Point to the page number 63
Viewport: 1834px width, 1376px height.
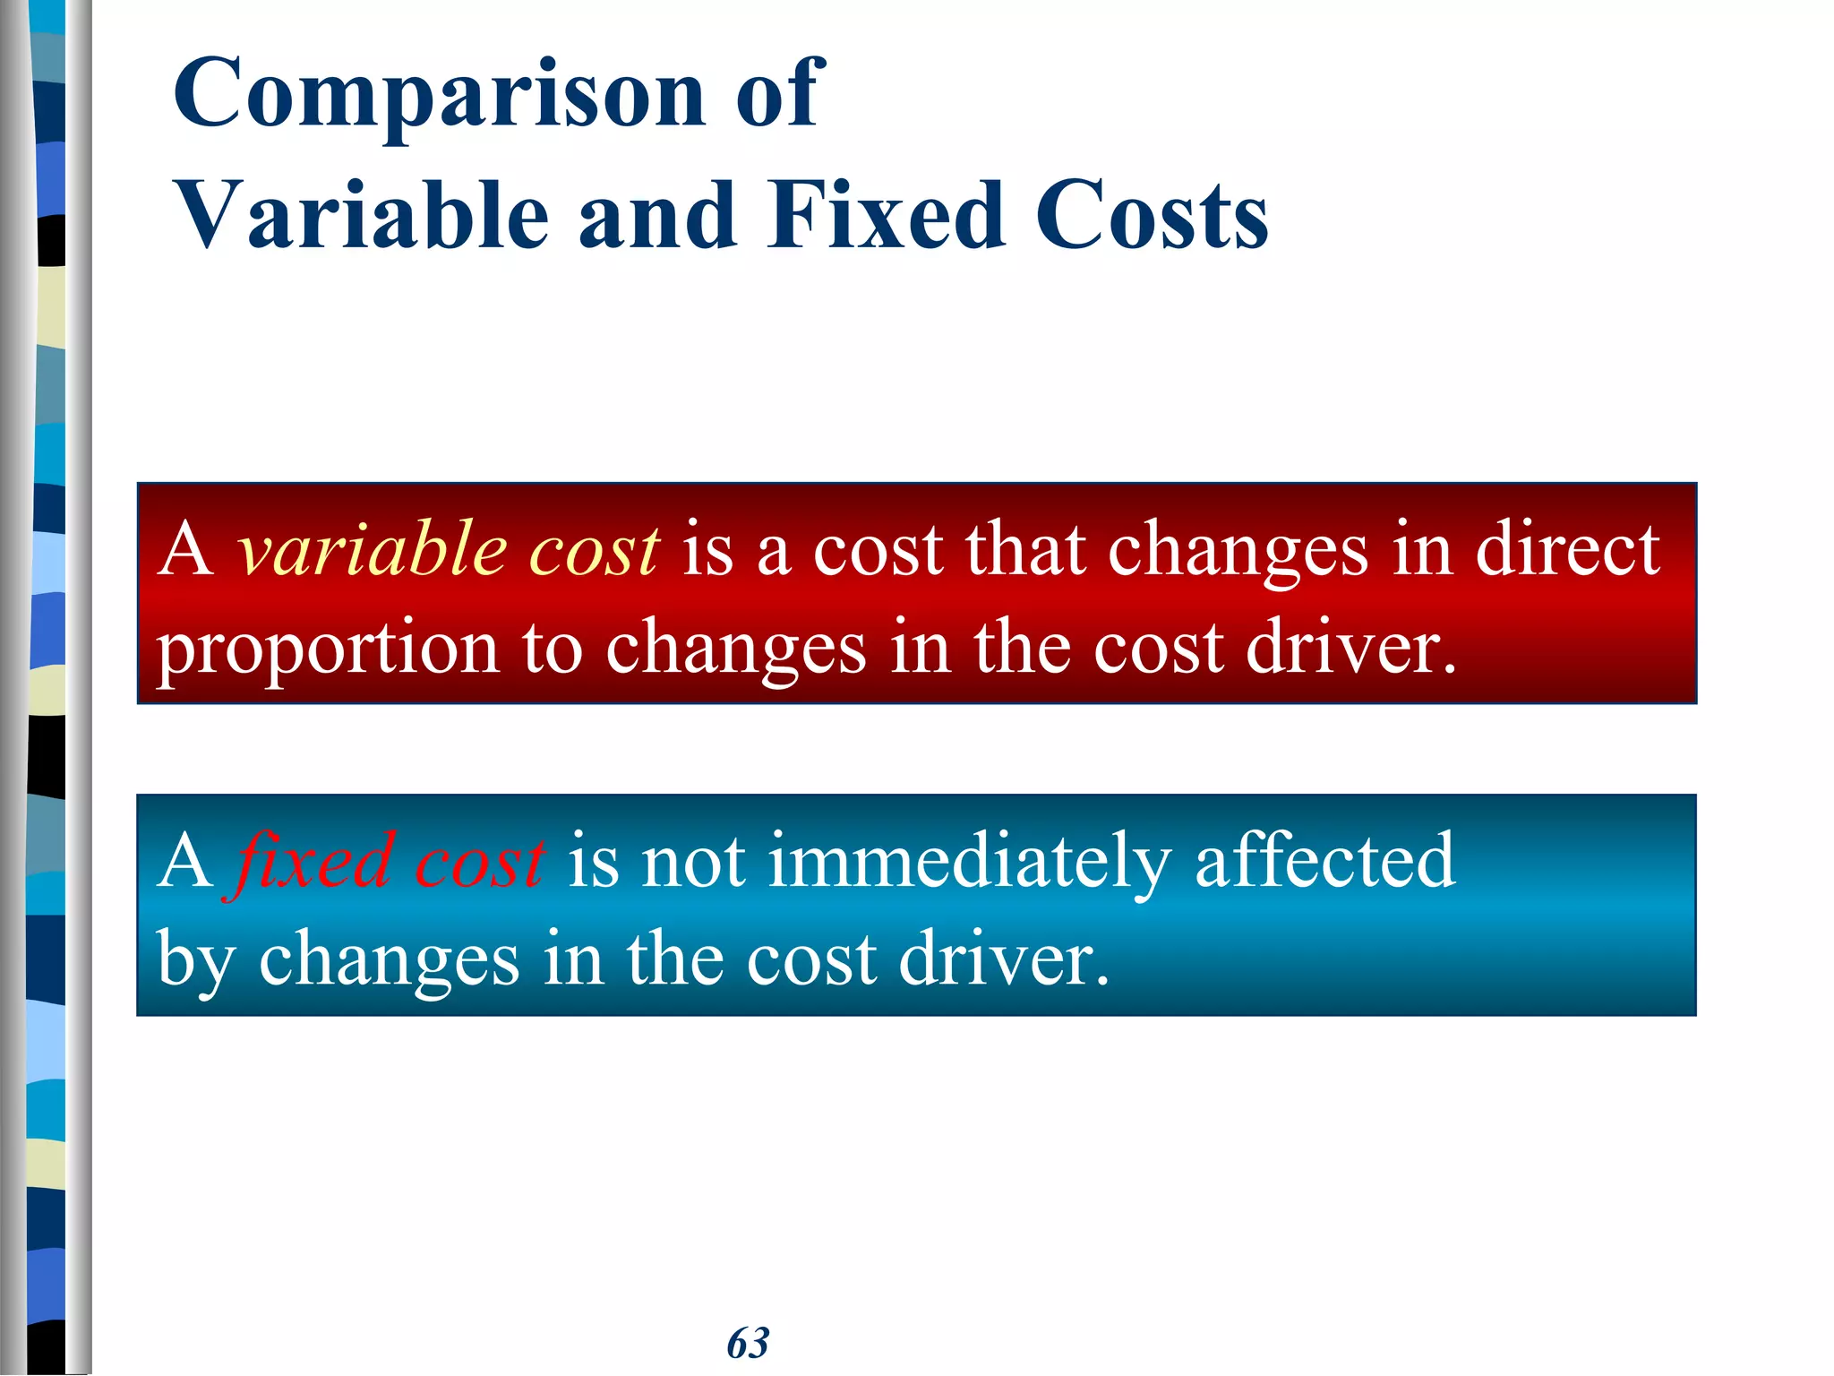click(748, 1343)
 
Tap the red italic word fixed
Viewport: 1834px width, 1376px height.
click(313, 861)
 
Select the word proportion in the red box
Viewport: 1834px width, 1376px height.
click(328, 649)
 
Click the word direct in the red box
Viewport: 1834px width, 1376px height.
click(1567, 549)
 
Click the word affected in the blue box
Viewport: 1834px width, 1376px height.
click(1325, 861)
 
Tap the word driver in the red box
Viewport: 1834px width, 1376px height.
click(1352, 647)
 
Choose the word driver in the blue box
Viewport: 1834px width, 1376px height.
click(1003, 959)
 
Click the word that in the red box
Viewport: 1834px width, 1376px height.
click(1025, 549)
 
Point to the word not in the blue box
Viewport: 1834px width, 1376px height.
click(694, 861)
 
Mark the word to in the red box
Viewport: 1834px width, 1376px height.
click(553, 649)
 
